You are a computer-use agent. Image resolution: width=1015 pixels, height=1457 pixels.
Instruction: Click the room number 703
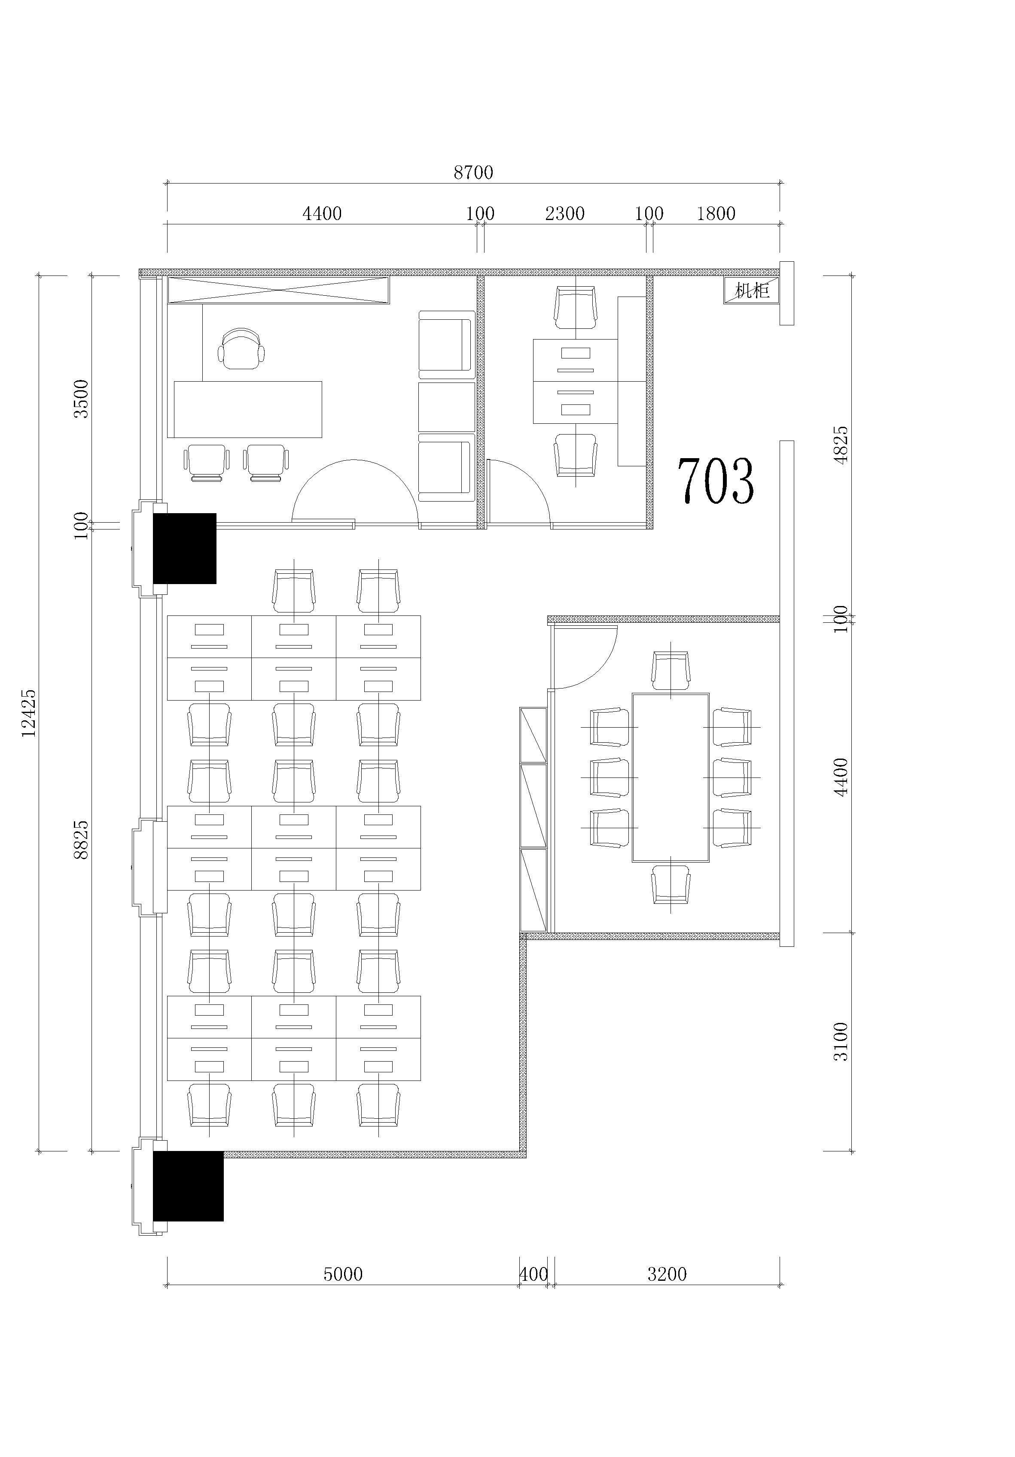coord(716,481)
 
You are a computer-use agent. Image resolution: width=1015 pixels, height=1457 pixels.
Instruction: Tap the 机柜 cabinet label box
coord(751,291)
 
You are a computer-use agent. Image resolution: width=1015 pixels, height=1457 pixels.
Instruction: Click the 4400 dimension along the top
coord(322,213)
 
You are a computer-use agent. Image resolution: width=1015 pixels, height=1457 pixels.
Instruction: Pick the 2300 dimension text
coord(564,213)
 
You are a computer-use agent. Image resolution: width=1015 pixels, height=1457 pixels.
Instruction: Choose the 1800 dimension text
coord(716,213)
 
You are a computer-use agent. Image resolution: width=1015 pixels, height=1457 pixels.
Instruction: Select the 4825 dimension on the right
coord(841,445)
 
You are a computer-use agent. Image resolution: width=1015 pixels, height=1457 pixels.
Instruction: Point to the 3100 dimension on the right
coord(841,1041)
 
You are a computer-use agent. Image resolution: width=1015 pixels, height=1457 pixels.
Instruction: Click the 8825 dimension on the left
coord(81,840)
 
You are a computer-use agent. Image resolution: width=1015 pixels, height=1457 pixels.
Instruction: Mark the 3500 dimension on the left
coord(81,398)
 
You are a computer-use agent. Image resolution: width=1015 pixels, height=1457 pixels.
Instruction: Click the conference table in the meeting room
coord(671,777)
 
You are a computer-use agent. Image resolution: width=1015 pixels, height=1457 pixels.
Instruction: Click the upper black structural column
coord(185,548)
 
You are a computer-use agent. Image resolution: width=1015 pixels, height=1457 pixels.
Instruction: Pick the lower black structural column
coord(189,1186)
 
